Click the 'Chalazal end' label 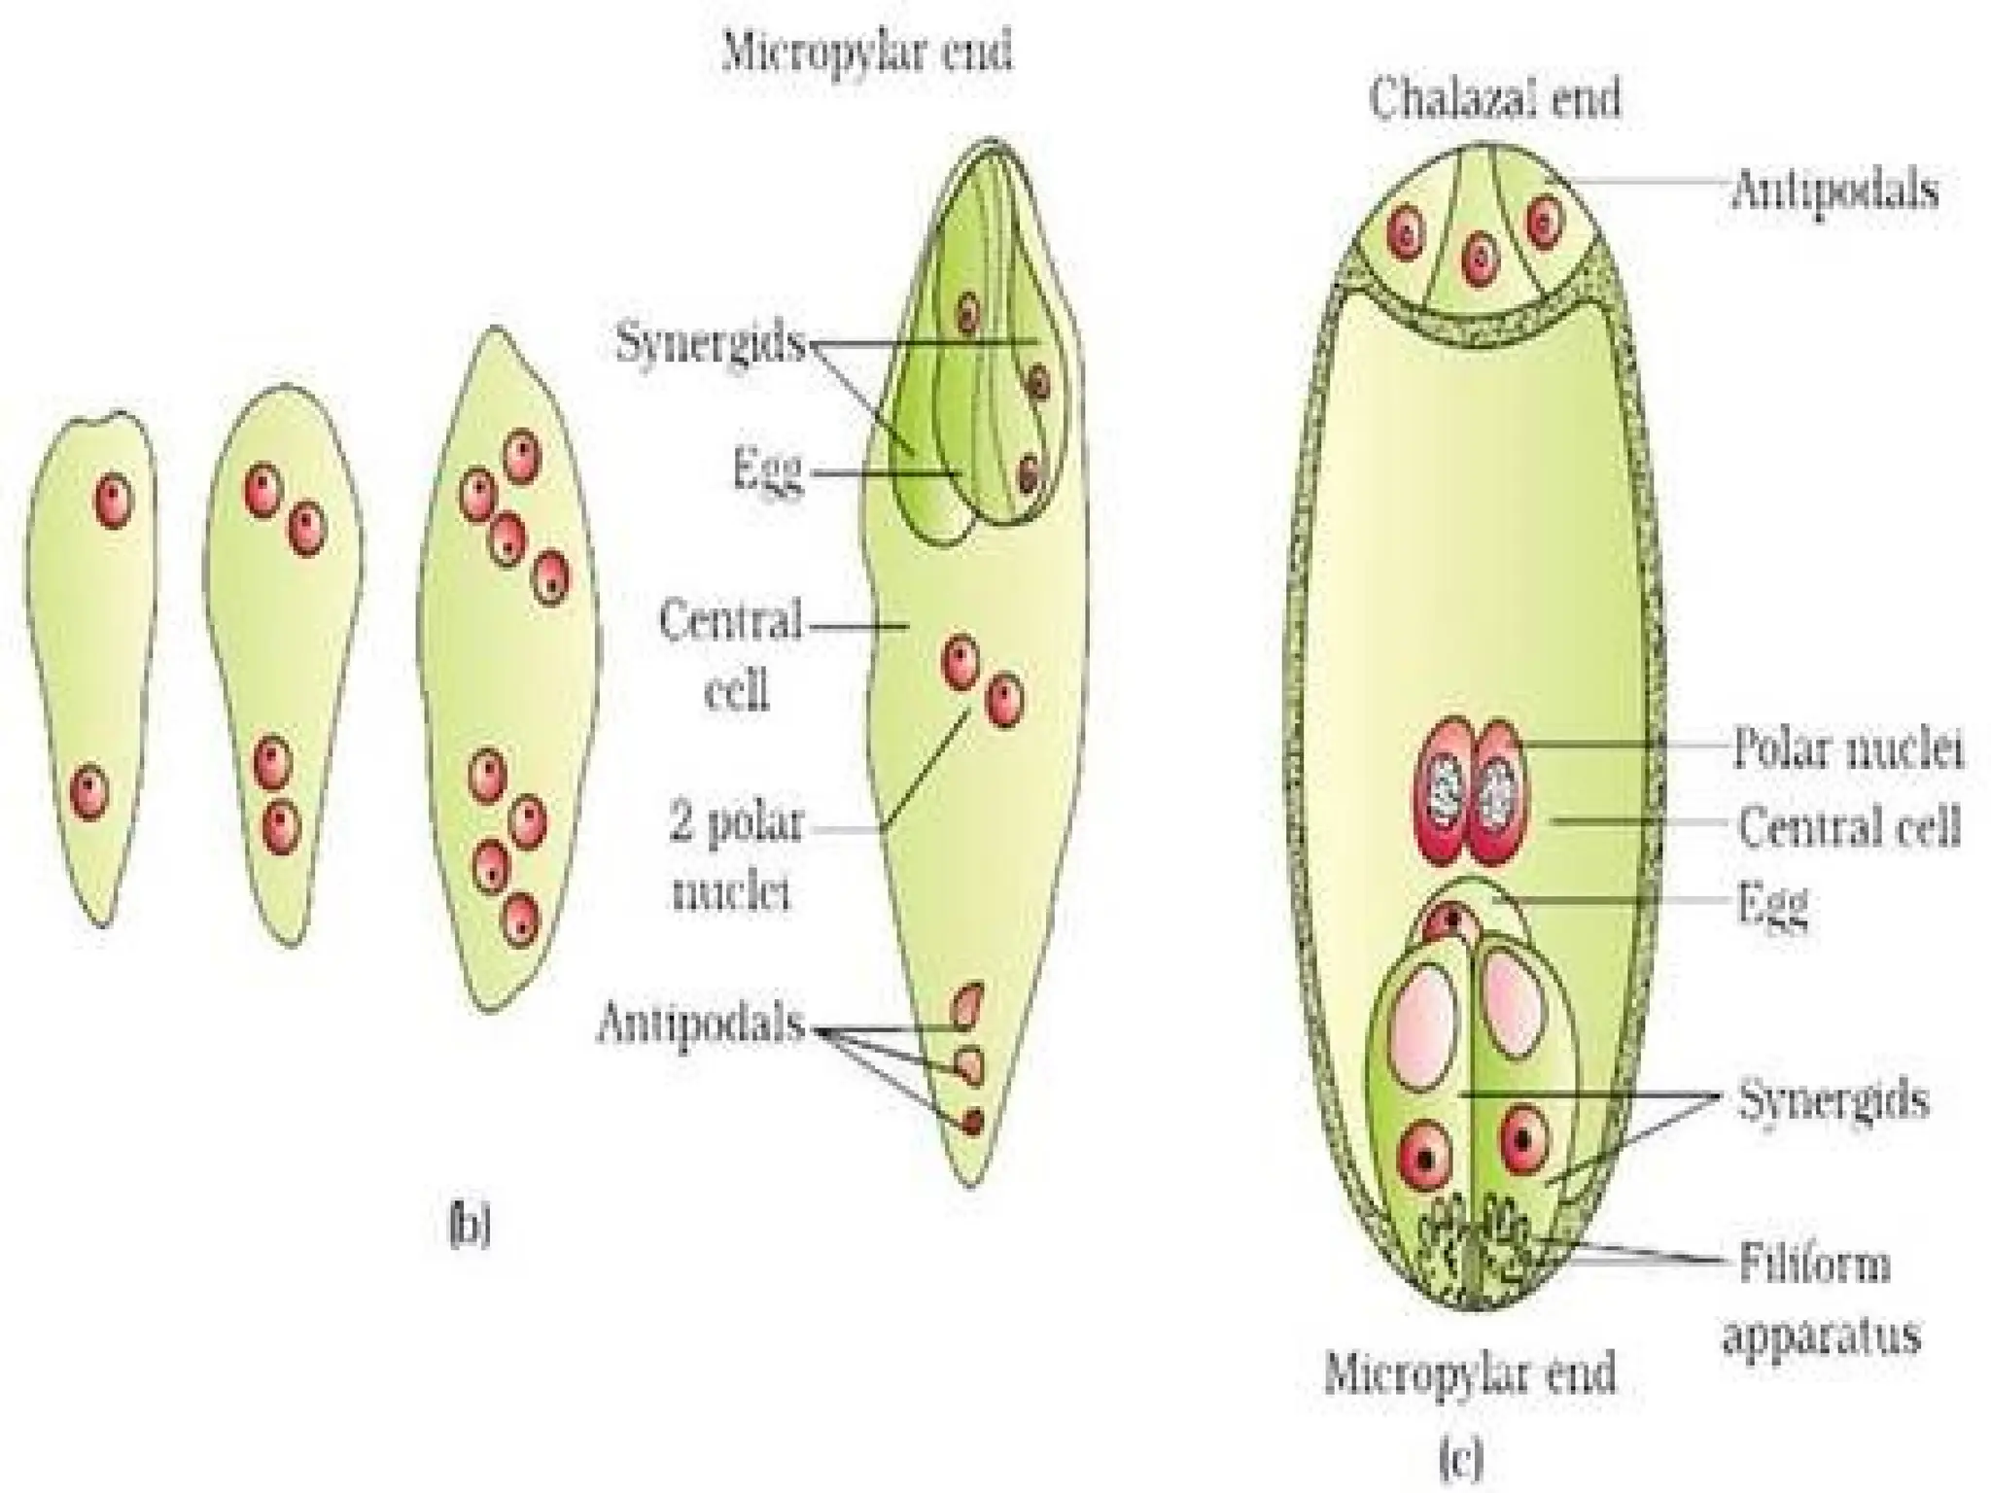pyautogui.click(x=1494, y=99)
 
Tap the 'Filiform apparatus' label pyautogui.click(x=1820, y=1300)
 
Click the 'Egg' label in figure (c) pyautogui.click(x=1773, y=905)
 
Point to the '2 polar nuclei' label pyautogui.click(x=736, y=857)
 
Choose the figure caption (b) pyautogui.click(x=470, y=1228)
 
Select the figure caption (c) pyautogui.click(x=1460, y=1458)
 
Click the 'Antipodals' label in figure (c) pyautogui.click(x=1834, y=190)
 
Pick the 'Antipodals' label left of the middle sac pyautogui.click(x=701, y=1023)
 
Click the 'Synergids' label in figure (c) pyautogui.click(x=1833, y=1100)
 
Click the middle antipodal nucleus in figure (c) pyautogui.click(x=1478, y=259)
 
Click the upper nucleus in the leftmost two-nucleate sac pyautogui.click(x=113, y=501)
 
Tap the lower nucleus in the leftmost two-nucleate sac pyautogui.click(x=88, y=792)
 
